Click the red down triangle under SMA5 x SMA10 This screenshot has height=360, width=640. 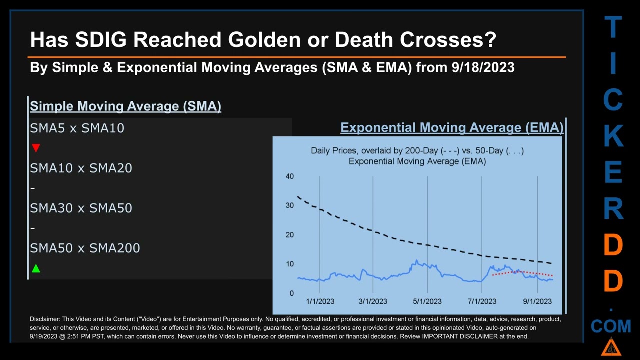tap(36, 148)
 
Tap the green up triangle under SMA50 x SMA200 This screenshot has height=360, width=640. tap(36, 269)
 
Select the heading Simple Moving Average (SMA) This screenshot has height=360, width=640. tap(125, 106)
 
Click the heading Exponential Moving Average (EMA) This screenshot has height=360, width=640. tap(452, 128)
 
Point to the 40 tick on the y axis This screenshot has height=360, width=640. tap(290, 176)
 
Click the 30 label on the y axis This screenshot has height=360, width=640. tap(290, 205)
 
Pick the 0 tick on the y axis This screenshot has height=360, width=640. tap(292, 293)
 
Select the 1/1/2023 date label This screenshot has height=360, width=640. tap(320, 301)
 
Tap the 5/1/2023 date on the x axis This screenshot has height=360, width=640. tap(427, 301)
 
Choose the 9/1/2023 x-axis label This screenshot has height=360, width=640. tap(537, 301)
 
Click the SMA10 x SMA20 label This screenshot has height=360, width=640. tap(81, 168)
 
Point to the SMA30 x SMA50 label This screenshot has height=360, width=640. tap(81, 208)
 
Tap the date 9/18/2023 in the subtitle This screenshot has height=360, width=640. tap(482, 67)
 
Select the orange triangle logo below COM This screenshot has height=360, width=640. tap(611, 347)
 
